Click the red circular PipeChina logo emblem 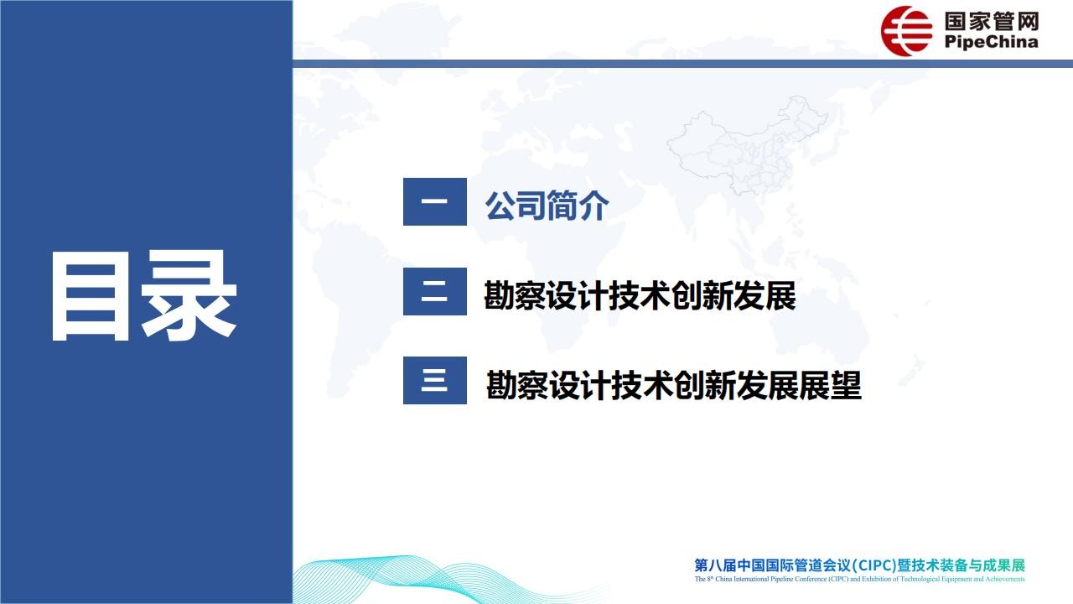click(906, 31)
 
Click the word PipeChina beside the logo click(991, 42)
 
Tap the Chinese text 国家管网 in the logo click(992, 21)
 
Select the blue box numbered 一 click(435, 202)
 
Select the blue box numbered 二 click(435, 291)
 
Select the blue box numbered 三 click(435, 381)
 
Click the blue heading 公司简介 click(547, 206)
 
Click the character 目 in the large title click(91, 296)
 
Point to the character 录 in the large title click(189, 295)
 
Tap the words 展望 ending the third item click(830, 385)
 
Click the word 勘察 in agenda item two click(515, 295)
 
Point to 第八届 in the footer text click(716, 565)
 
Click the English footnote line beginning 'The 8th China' click(860, 579)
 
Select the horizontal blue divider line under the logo click(682, 64)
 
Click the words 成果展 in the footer click(1004, 565)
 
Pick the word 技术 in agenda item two click(640, 295)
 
